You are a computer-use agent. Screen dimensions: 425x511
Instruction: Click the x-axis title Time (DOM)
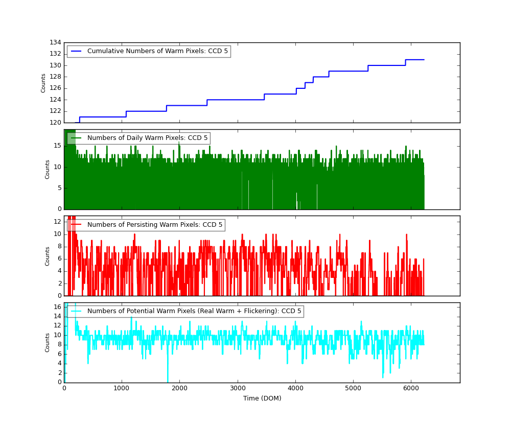point(262,398)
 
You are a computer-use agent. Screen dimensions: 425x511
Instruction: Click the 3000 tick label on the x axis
point(238,389)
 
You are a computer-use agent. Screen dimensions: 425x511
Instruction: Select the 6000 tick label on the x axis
point(411,389)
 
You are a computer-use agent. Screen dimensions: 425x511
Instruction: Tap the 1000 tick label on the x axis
point(122,389)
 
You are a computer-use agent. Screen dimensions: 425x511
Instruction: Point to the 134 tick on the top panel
point(55,42)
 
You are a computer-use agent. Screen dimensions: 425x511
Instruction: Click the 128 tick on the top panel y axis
point(55,77)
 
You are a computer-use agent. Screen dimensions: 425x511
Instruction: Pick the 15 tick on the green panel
point(57,146)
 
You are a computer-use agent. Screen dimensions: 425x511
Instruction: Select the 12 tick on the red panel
point(57,222)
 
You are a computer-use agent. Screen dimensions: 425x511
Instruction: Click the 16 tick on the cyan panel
point(57,307)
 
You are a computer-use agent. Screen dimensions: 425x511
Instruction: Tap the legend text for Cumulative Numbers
point(157,51)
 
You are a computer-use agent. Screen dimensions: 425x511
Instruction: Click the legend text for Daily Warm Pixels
point(147,138)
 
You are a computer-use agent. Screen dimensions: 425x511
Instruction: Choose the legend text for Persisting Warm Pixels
point(155,225)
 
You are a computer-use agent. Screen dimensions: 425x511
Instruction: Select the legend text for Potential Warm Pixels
point(194,311)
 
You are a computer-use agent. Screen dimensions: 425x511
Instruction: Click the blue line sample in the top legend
point(76,51)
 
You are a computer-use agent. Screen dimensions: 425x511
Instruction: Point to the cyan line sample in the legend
point(76,311)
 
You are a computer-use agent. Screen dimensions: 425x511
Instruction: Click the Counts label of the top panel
point(43,83)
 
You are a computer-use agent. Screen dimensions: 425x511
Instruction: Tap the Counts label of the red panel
point(48,256)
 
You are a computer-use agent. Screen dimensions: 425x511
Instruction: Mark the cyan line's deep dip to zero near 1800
point(168,381)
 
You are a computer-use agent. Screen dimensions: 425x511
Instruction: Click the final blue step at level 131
point(414,60)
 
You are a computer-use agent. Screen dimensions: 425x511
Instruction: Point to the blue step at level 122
point(146,111)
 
